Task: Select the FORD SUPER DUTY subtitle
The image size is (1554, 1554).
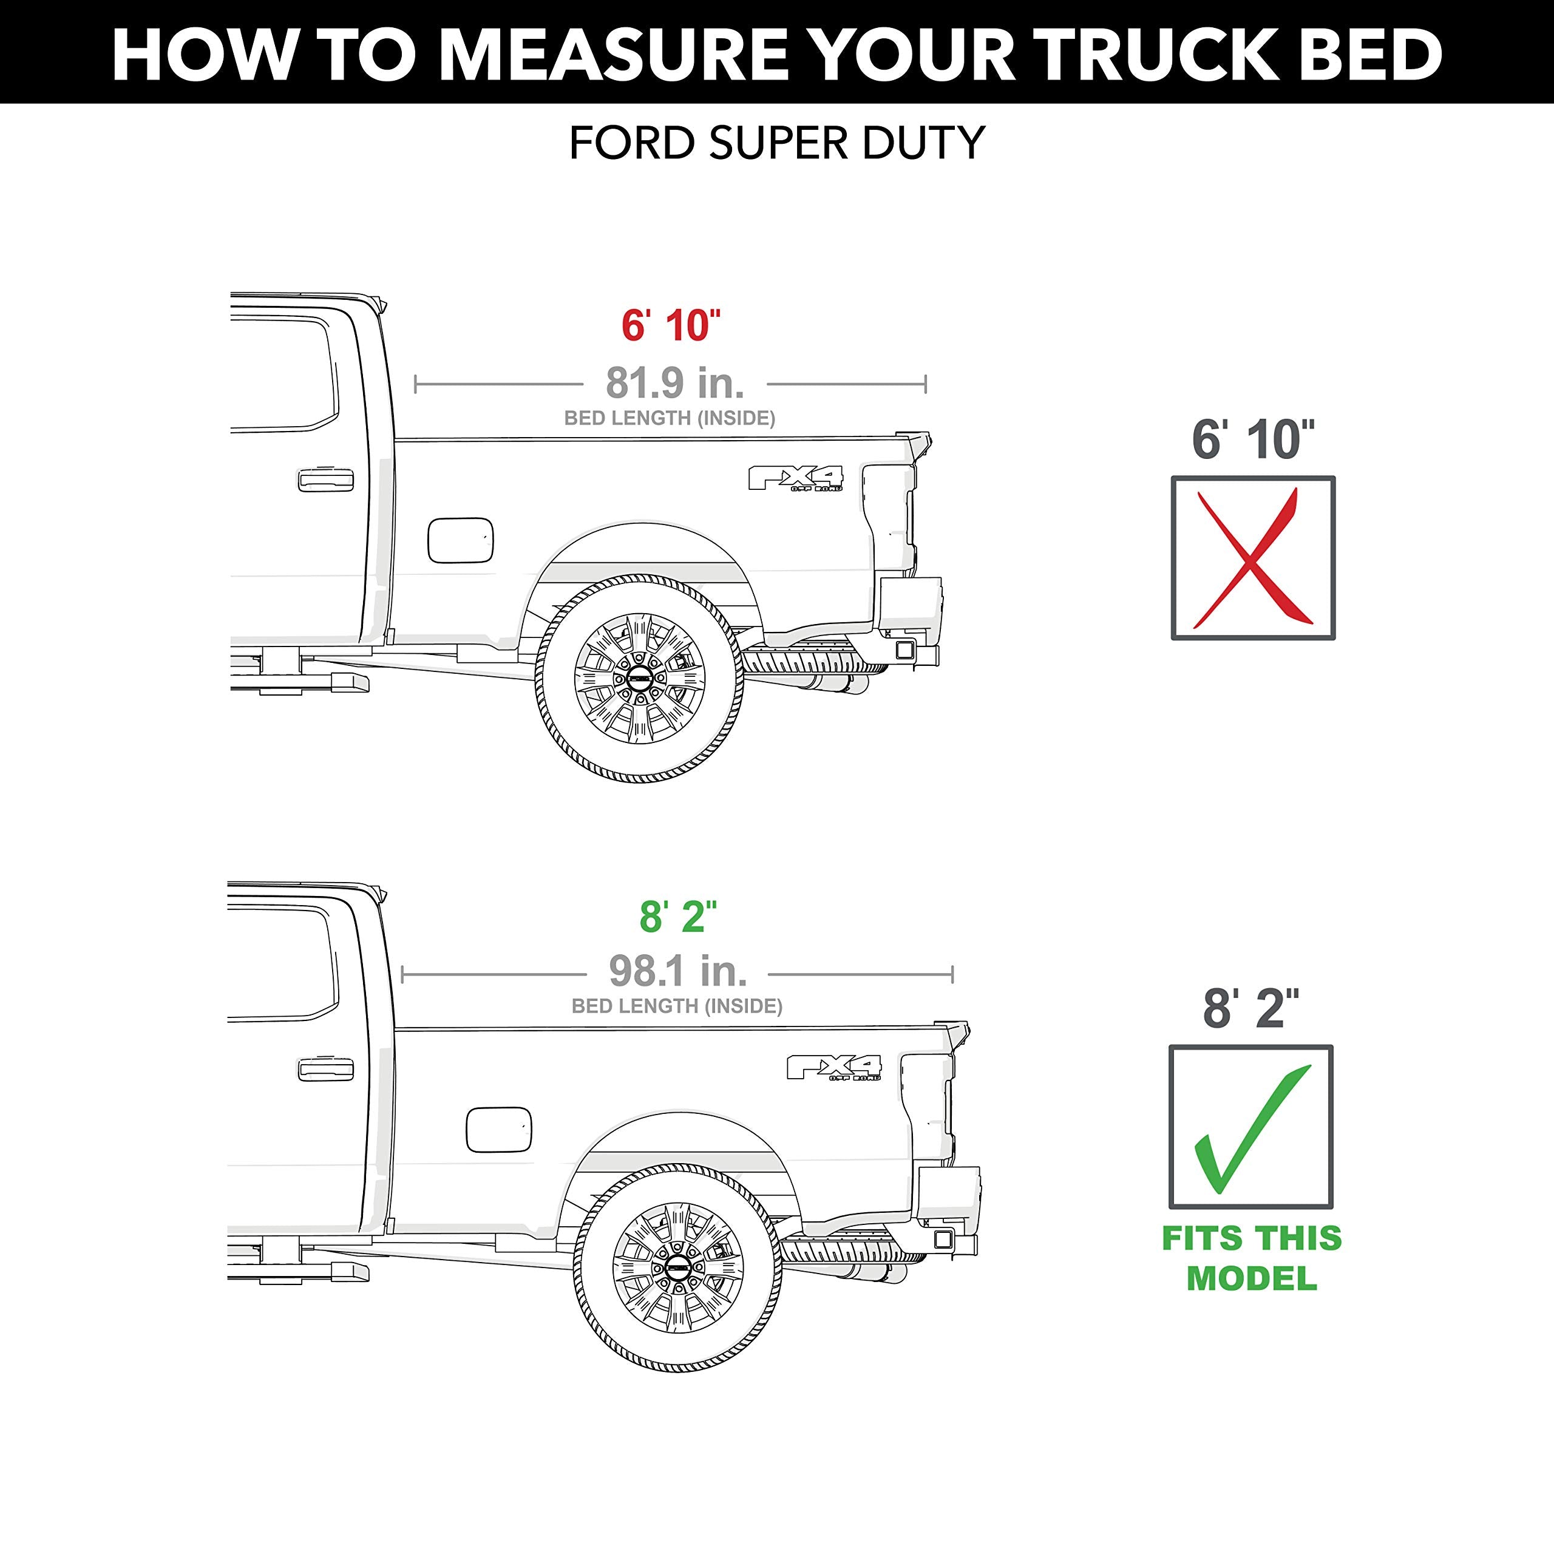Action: pyautogui.click(x=776, y=143)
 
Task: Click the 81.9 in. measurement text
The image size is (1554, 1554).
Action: pyautogui.click(x=674, y=383)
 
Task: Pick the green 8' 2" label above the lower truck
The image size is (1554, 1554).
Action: pyautogui.click(x=677, y=917)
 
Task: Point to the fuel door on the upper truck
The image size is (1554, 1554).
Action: pyautogui.click(x=460, y=540)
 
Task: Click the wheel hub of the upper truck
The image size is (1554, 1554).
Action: pyautogui.click(x=639, y=678)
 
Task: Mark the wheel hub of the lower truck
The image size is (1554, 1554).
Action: pyautogui.click(x=677, y=1267)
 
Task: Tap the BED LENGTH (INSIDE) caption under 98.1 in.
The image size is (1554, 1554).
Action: pyautogui.click(x=676, y=1006)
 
